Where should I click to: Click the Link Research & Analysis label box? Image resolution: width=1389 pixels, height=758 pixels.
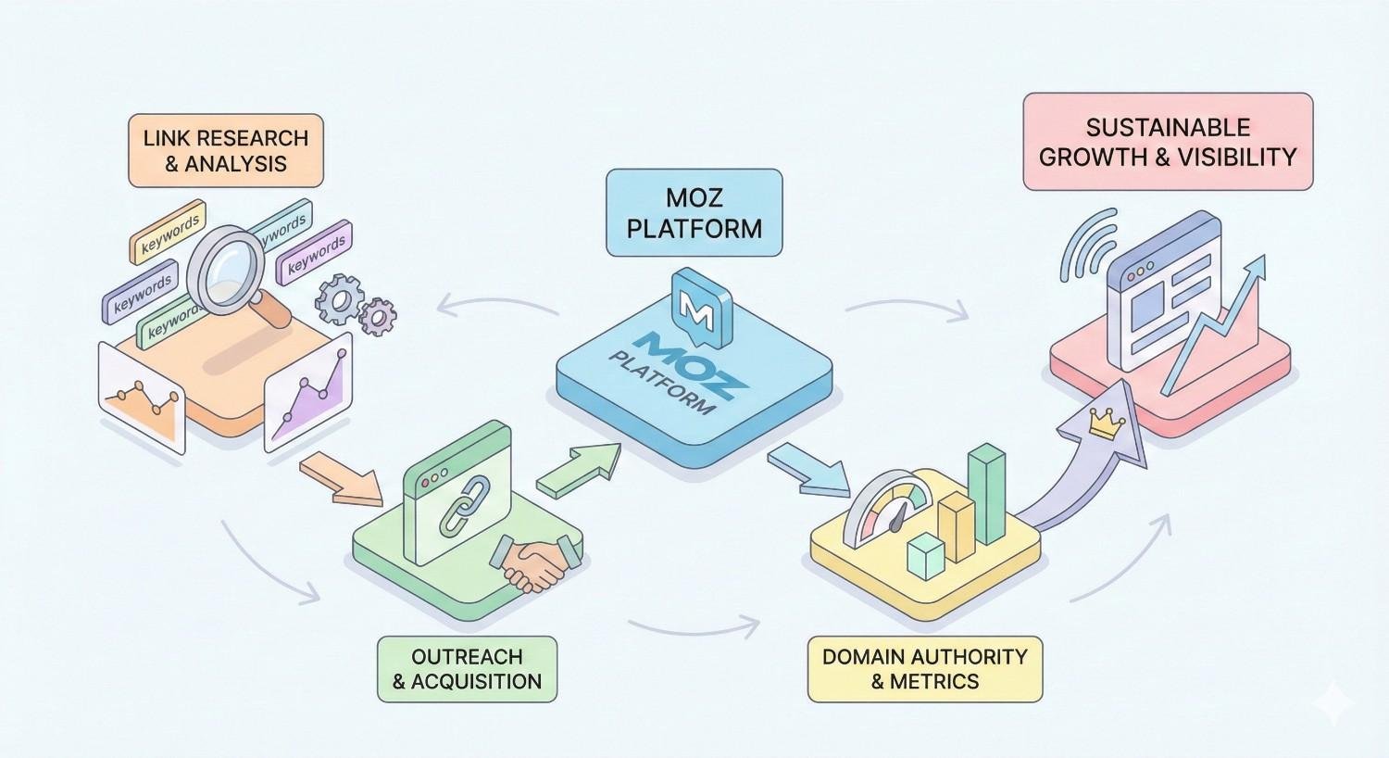226,151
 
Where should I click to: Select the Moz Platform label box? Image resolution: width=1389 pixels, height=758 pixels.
694,212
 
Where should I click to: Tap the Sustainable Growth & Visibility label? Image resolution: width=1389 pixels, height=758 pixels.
1168,142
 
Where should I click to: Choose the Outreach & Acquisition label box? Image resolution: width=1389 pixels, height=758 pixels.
467,669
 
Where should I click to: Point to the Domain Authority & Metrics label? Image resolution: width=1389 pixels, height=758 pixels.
924,669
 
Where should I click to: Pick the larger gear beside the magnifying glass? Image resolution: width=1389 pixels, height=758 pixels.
339,298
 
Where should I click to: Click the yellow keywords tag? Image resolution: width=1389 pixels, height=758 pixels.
169,231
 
